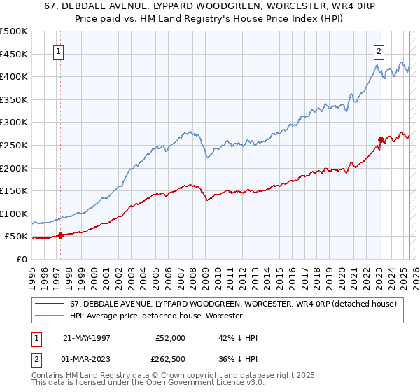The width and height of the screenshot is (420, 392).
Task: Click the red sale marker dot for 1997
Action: (x=60, y=235)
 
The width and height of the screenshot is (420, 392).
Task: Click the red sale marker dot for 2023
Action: (x=381, y=139)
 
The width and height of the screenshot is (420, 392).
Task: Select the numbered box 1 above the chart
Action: (x=57, y=51)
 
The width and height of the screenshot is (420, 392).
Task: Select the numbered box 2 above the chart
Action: (x=379, y=51)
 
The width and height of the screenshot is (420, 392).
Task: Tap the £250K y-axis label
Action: (x=14, y=145)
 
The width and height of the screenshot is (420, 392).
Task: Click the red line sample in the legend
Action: (x=50, y=304)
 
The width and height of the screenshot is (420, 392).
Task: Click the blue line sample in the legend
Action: (x=50, y=316)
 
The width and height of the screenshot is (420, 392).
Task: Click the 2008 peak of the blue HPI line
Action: (x=189, y=130)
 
